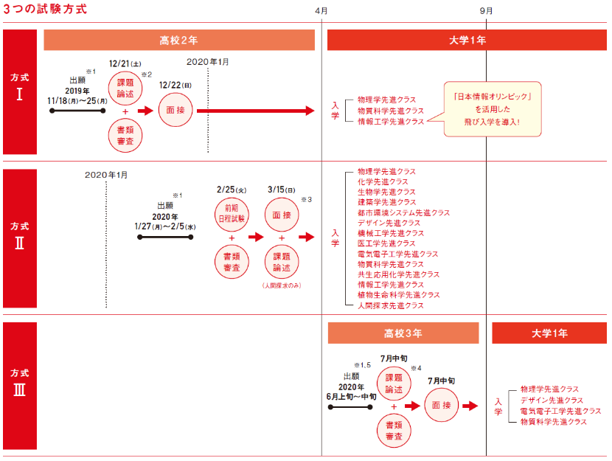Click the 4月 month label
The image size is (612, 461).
pyautogui.click(x=321, y=10)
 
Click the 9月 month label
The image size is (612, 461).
pyautogui.click(x=486, y=10)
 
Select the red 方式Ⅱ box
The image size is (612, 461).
pyautogui.click(x=20, y=238)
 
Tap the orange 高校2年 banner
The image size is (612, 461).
pyautogui.click(x=179, y=41)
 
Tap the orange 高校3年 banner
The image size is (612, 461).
pyautogui.click(x=403, y=333)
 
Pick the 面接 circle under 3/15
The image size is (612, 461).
pyautogui.click(x=282, y=215)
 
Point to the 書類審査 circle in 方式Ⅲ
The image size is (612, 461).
pyautogui.click(x=394, y=431)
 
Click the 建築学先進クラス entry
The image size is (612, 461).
pyautogui.click(x=387, y=202)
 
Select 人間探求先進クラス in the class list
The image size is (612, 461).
pyautogui.click(x=391, y=305)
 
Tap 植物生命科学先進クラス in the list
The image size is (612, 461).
pyautogui.click(x=398, y=295)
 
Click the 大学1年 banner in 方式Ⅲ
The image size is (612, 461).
pyautogui.click(x=549, y=333)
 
